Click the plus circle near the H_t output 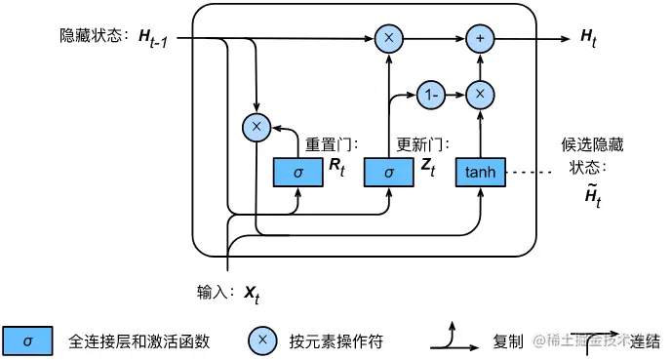pyautogui.click(x=480, y=38)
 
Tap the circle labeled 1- pyautogui.click(x=430, y=95)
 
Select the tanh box pyautogui.click(x=480, y=172)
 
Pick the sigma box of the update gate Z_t pyautogui.click(x=388, y=172)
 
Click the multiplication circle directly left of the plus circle pyautogui.click(x=388, y=38)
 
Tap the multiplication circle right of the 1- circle pyautogui.click(x=480, y=95)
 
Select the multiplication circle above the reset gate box pyautogui.click(x=256, y=126)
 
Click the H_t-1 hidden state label pyautogui.click(x=157, y=38)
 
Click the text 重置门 pyautogui.click(x=326, y=143)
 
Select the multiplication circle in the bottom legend pyautogui.click(x=261, y=340)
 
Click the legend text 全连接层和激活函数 pyautogui.click(x=139, y=341)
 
